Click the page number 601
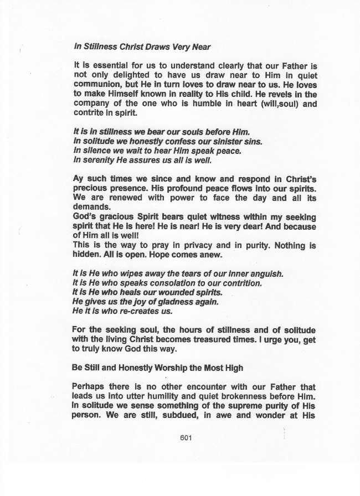tap(186, 438)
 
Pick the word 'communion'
tap(98, 85)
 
